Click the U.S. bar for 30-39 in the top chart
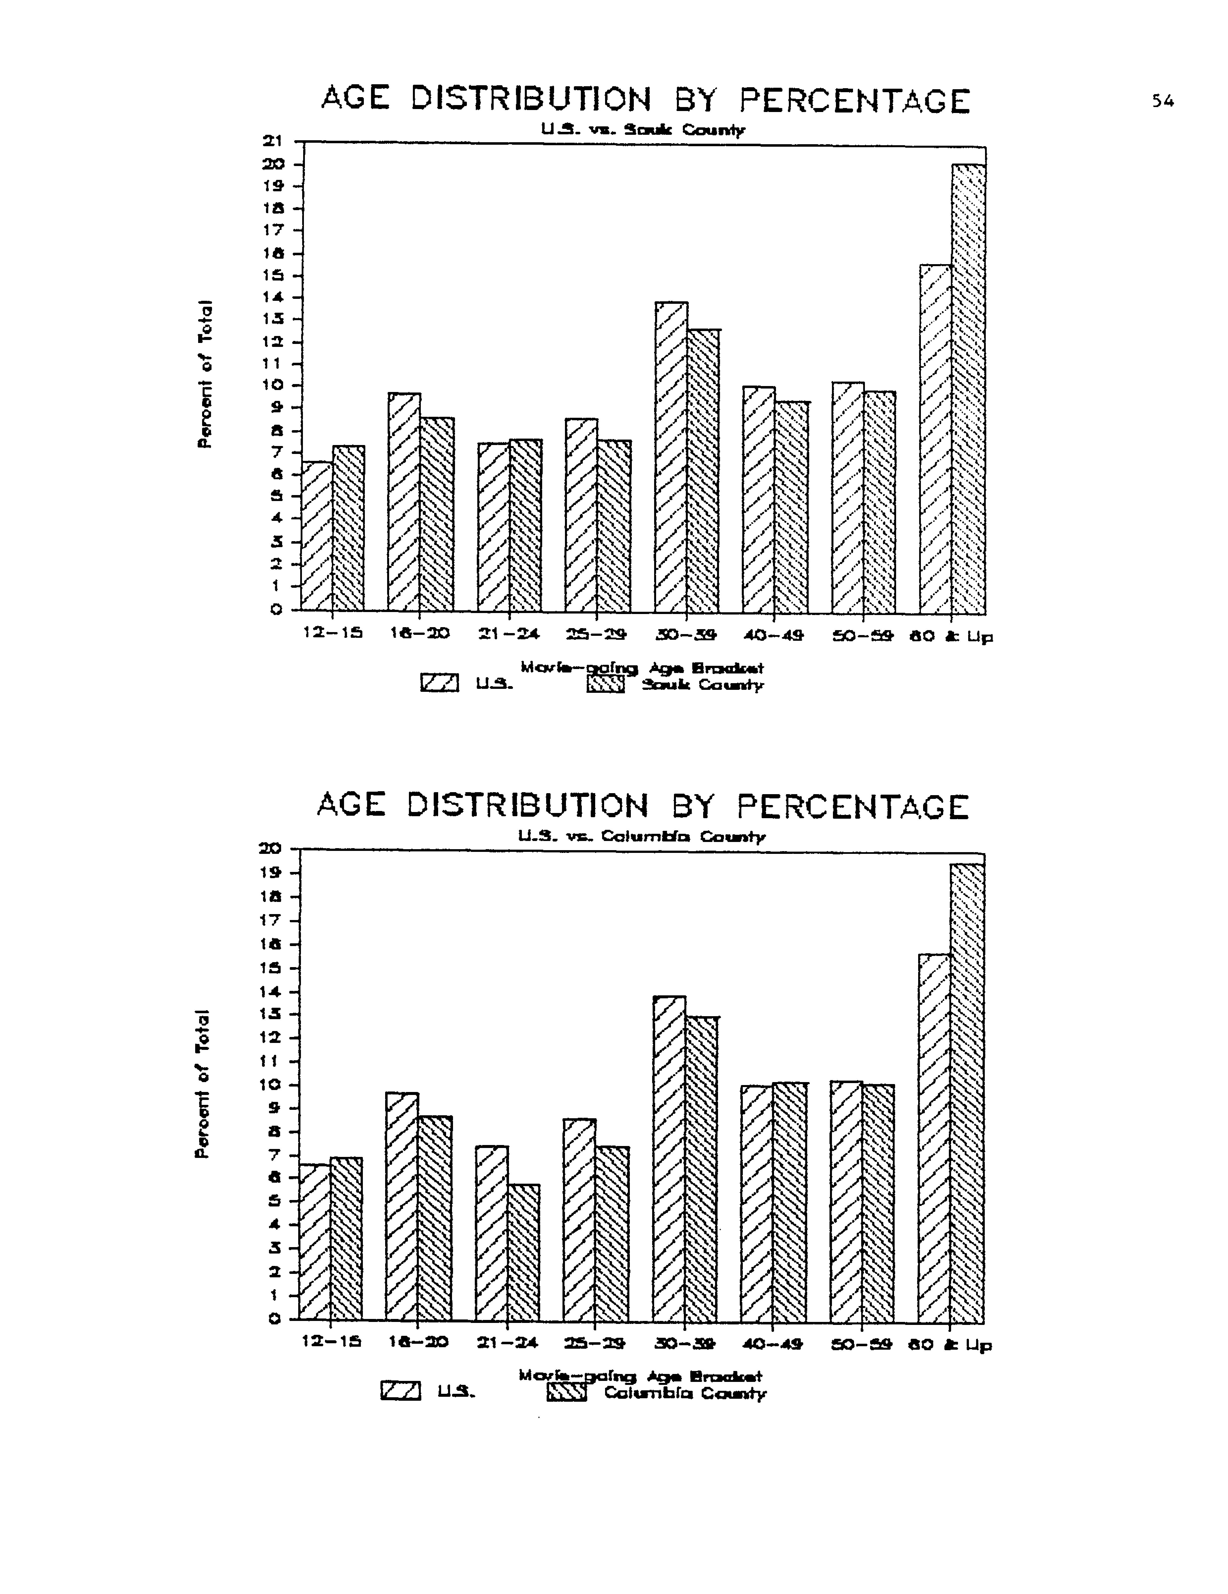click(670, 456)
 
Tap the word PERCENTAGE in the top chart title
click(854, 101)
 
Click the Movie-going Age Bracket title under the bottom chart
click(640, 1376)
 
